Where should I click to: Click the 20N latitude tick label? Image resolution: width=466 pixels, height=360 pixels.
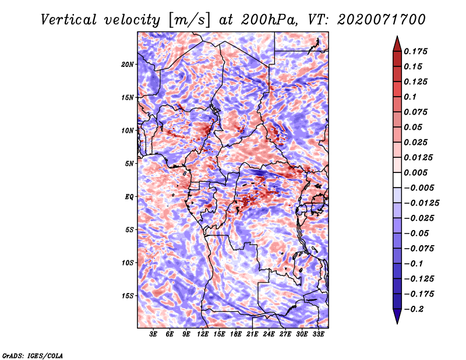point(128,65)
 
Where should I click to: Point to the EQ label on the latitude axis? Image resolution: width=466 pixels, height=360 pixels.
point(129,197)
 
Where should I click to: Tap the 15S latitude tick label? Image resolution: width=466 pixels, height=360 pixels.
point(128,296)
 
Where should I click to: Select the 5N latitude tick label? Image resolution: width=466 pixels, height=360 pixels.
point(129,164)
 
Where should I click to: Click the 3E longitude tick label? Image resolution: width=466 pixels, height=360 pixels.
point(153,334)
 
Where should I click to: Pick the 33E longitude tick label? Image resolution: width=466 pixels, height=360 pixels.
point(318,334)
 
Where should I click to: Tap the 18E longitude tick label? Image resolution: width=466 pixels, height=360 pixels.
point(236,334)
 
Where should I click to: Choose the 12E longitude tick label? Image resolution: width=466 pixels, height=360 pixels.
point(203,334)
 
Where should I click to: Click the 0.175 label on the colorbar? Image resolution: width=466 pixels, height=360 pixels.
point(415,51)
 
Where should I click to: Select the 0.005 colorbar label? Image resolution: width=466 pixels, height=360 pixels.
point(415,172)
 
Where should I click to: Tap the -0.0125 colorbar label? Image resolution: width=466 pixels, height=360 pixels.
point(422,203)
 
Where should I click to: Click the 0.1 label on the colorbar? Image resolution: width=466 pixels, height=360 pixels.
point(410,97)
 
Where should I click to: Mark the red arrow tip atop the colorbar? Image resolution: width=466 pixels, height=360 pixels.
point(397,36)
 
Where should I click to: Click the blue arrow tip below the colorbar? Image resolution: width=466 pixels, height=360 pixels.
point(397,324)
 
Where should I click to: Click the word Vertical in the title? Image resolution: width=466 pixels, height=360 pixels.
point(69,20)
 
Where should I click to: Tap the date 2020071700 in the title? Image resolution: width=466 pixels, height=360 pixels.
point(382,20)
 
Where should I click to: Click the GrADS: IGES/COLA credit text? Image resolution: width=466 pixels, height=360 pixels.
point(33,355)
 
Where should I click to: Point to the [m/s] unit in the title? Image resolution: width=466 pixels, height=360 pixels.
point(189,20)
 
